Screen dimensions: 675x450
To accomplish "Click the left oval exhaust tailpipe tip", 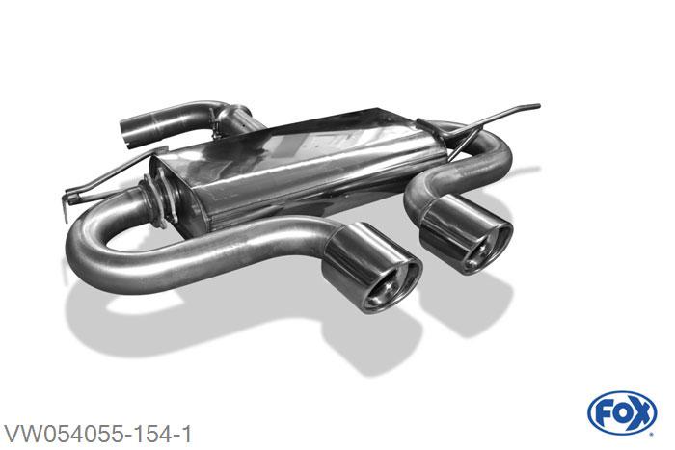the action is [x=371, y=267].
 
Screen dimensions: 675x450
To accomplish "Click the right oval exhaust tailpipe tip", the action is [x=466, y=234].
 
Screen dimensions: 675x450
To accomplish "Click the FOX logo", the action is [x=622, y=412].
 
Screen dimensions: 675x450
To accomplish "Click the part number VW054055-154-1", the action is [x=97, y=434].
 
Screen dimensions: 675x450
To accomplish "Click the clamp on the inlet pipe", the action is [x=214, y=124].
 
